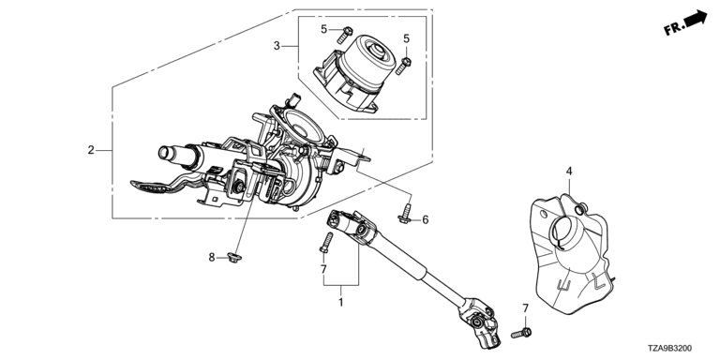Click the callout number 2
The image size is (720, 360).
tap(91, 150)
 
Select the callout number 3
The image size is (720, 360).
tap(277, 45)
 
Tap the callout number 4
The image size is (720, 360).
tap(569, 172)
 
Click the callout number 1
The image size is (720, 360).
tap(340, 303)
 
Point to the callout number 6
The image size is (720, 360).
tap(426, 220)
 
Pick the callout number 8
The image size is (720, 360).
tap(212, 258)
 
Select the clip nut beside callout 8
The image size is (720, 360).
tap(234, 258)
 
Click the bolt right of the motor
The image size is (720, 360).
tap(403, 66)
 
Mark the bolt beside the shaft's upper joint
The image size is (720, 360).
tap(325, 243)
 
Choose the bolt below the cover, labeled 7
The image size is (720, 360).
tap(520, 333)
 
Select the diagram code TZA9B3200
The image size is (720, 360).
tap(670, 349)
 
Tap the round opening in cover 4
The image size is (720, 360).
tap(563, 229)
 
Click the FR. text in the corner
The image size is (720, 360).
tap(673, 29)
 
